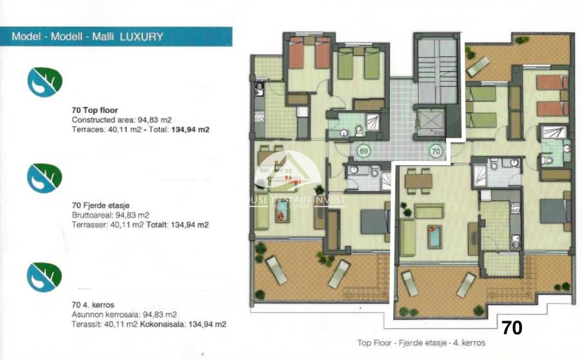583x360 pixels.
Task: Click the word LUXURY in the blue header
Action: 141,37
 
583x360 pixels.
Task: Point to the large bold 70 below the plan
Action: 512,327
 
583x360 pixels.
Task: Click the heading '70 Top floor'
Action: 95,110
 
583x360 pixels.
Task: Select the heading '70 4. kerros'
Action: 93,304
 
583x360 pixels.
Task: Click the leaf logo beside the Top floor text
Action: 45,82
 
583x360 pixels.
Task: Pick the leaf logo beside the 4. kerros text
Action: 45,277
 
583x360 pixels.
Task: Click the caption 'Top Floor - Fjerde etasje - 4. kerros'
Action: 421,343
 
